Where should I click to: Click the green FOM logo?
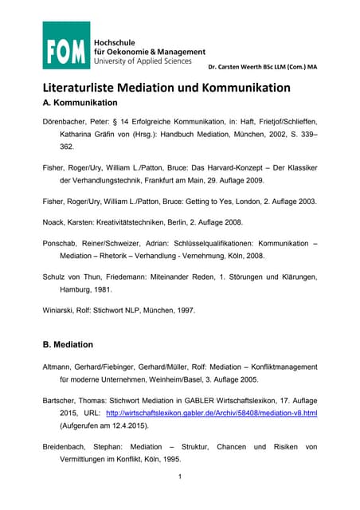(x=65, y=45)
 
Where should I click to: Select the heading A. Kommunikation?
(x=80, y=104)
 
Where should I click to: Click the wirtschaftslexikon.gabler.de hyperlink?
(x=211, y=414)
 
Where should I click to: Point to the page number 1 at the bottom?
(x=181, y=477)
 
